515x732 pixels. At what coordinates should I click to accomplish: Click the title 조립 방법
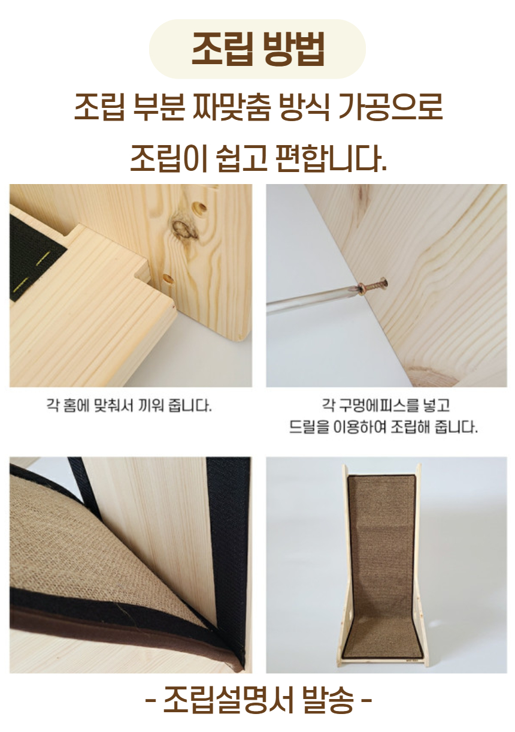coord(257,49)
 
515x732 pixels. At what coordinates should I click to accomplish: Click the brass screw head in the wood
coord(374,287)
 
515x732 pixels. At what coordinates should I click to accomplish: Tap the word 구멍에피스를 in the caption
coord(372,406)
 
